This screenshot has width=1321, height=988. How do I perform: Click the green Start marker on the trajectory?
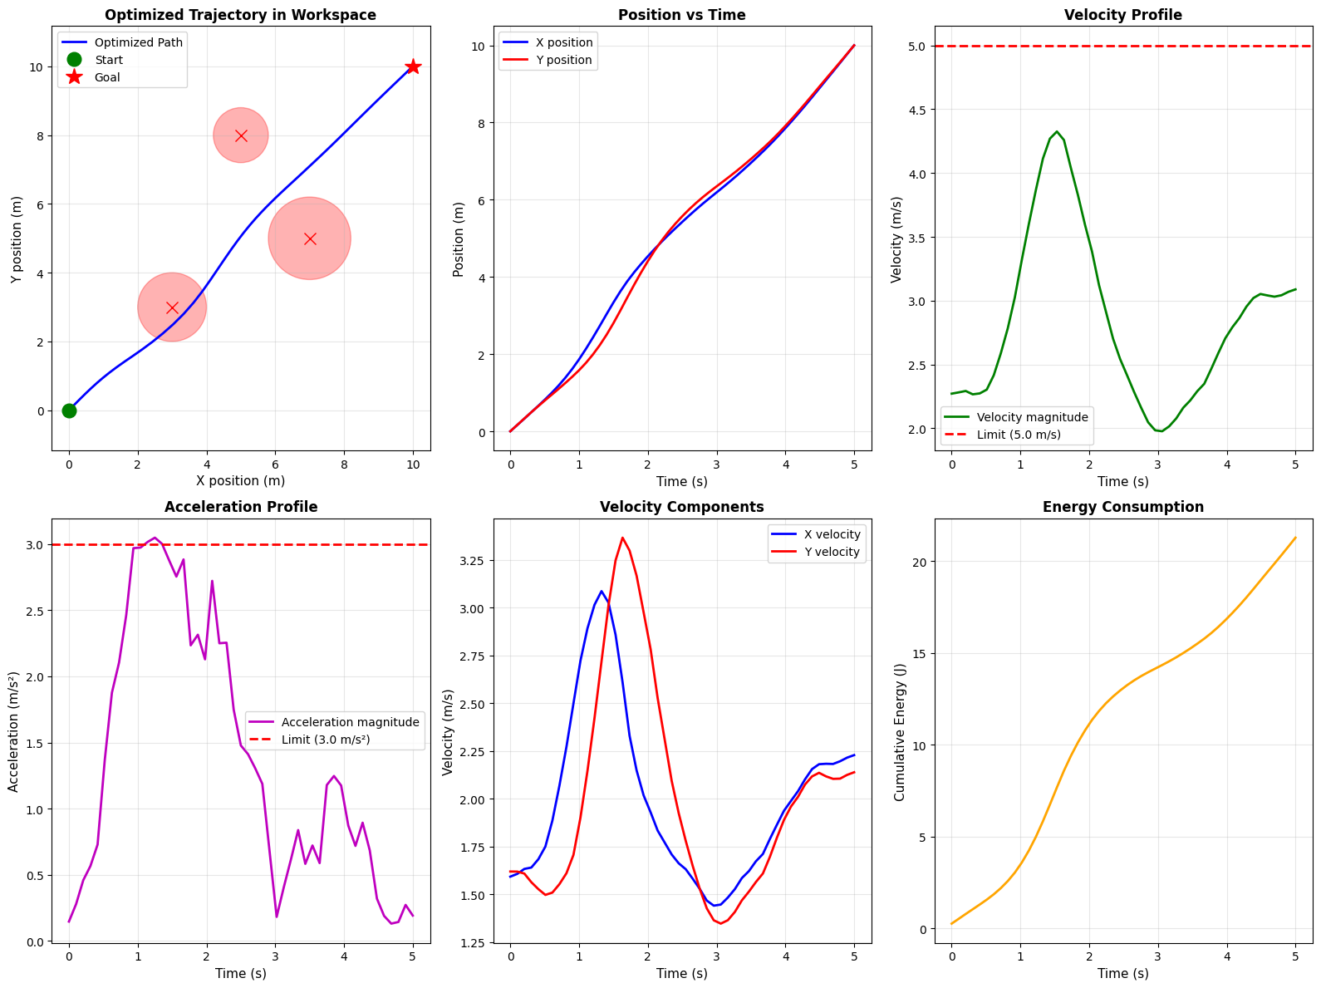(x=69, y=410)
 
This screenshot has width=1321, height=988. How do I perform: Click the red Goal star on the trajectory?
(x=413, y=66)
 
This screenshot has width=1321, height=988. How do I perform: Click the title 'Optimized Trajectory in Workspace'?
(x=240, y=15)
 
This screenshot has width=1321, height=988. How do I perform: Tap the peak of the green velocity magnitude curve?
(x=1056, y=131)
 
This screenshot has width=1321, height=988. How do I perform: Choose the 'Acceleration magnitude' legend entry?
(x=350, y=722)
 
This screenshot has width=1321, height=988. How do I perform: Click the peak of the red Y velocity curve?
(x=622, y=538)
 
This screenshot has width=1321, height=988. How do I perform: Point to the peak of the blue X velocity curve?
(x=601, y=591)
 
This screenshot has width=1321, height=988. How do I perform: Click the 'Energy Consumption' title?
(x=1123, y=507)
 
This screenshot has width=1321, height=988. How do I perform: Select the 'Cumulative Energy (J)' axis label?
(x=900, y=732)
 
